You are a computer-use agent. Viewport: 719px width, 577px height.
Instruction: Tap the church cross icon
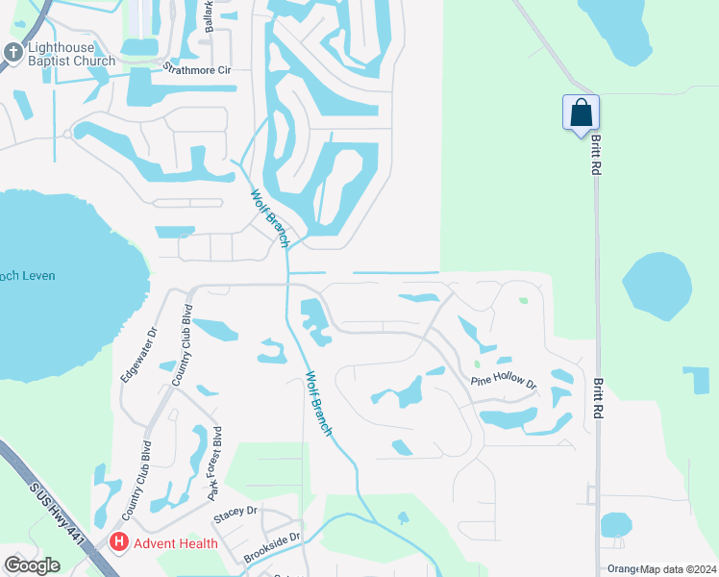point(13,54)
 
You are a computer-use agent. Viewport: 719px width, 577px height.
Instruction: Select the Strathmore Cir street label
point(197,70)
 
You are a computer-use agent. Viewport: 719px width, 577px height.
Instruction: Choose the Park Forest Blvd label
point(214,464)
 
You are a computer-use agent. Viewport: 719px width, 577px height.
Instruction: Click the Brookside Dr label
point(271,549)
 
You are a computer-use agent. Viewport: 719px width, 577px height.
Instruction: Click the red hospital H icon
point(119,542)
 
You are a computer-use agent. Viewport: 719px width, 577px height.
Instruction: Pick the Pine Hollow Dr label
point(502,381)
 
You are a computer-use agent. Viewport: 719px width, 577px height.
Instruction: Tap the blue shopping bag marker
point(582,113)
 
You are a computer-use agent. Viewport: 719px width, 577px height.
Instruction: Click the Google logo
point(32,565)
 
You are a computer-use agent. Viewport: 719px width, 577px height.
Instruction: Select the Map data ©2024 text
point(679,569)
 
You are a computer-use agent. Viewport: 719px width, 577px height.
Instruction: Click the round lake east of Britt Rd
point(657,287)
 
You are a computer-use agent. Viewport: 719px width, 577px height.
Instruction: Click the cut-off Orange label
point(623,569)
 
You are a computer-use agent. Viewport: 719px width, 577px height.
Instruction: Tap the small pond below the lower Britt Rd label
point(615,525)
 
